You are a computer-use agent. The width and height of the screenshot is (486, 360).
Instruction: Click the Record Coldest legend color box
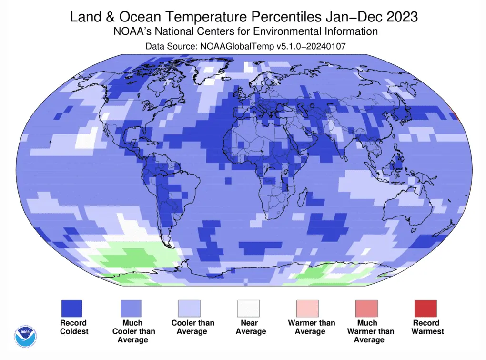pyautogui.click(x=71, y=309)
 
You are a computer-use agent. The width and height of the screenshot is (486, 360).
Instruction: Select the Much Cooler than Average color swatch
pyautogui.click(x=131, y=309)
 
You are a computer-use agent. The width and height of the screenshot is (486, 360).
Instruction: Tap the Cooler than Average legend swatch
pyautogui.click(x=189, y=309)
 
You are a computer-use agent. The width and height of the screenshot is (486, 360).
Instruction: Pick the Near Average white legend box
pyautogui.click(x=248, y=309)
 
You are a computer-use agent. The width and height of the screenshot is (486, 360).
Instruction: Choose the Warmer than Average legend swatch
pyautogui.click(x=307, y=309)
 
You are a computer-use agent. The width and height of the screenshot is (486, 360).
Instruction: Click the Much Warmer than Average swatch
pyautogui.click(x=366, y=309)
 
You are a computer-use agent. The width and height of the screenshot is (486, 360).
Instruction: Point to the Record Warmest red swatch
pyautogui.click(x=425, y=309)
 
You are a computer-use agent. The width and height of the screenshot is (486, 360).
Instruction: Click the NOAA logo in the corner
pyautogui.click(x=25, y=336)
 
